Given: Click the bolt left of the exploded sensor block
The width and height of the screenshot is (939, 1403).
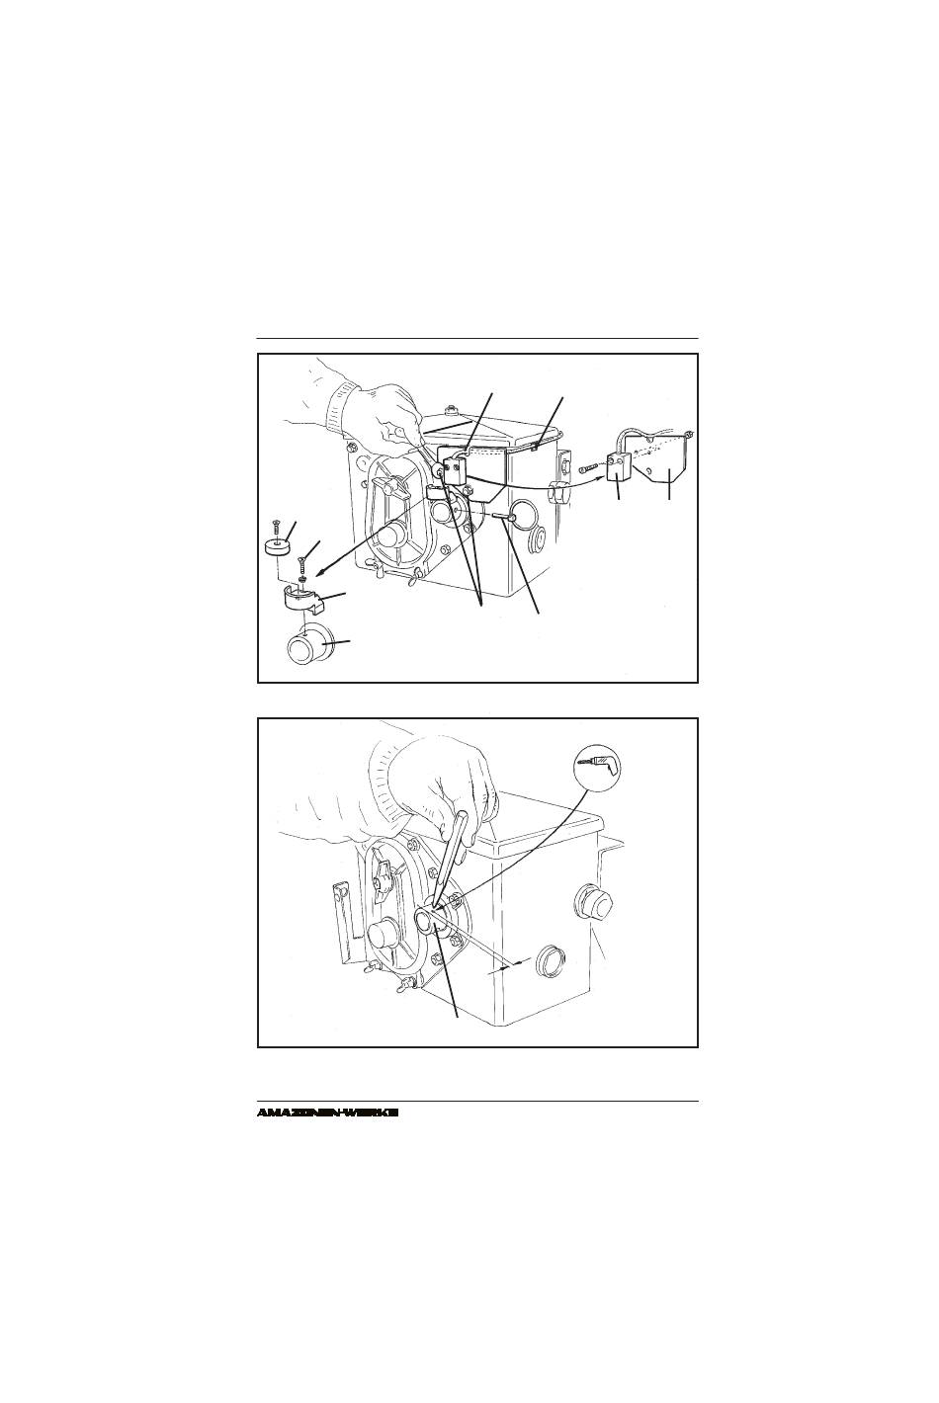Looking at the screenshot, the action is tap(591, 468).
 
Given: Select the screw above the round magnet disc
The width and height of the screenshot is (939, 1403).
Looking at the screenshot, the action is tap(276, 531).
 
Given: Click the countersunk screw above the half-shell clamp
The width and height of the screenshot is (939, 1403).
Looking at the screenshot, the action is tap(302, 567).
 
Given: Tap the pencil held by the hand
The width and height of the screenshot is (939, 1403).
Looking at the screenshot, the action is tap(451, 856).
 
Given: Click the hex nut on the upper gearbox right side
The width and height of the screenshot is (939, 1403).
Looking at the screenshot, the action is tap(559, 492).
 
